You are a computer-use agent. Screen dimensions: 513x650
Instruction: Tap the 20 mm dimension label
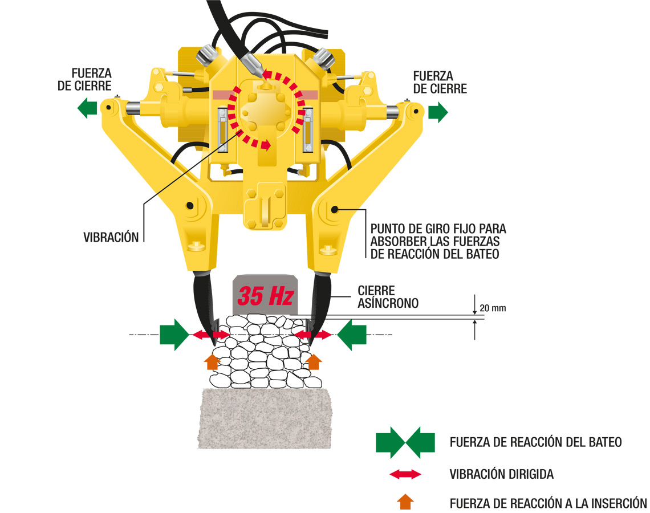click(493, 308)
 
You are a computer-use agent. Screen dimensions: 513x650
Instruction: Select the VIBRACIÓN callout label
click(111, 238)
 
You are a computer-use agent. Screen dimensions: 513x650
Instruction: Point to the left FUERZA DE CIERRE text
click(92, 81)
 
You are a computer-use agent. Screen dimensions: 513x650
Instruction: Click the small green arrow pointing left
click(87, 108)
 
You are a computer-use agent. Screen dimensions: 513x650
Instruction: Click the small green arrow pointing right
click(438, 112)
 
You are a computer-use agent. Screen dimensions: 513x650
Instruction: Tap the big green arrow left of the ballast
click(174, 334)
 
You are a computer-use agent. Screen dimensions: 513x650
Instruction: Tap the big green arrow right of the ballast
click(351, 334)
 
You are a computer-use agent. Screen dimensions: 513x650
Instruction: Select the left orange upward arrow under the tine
click(212, 361)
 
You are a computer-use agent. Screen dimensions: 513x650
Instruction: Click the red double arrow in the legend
click(405, 474)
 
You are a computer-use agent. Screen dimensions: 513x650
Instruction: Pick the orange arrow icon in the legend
click(405, 502)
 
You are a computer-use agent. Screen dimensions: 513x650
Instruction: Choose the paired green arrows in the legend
click(405, 442)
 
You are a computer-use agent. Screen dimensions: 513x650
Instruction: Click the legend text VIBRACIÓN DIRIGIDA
click(501, 474)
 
